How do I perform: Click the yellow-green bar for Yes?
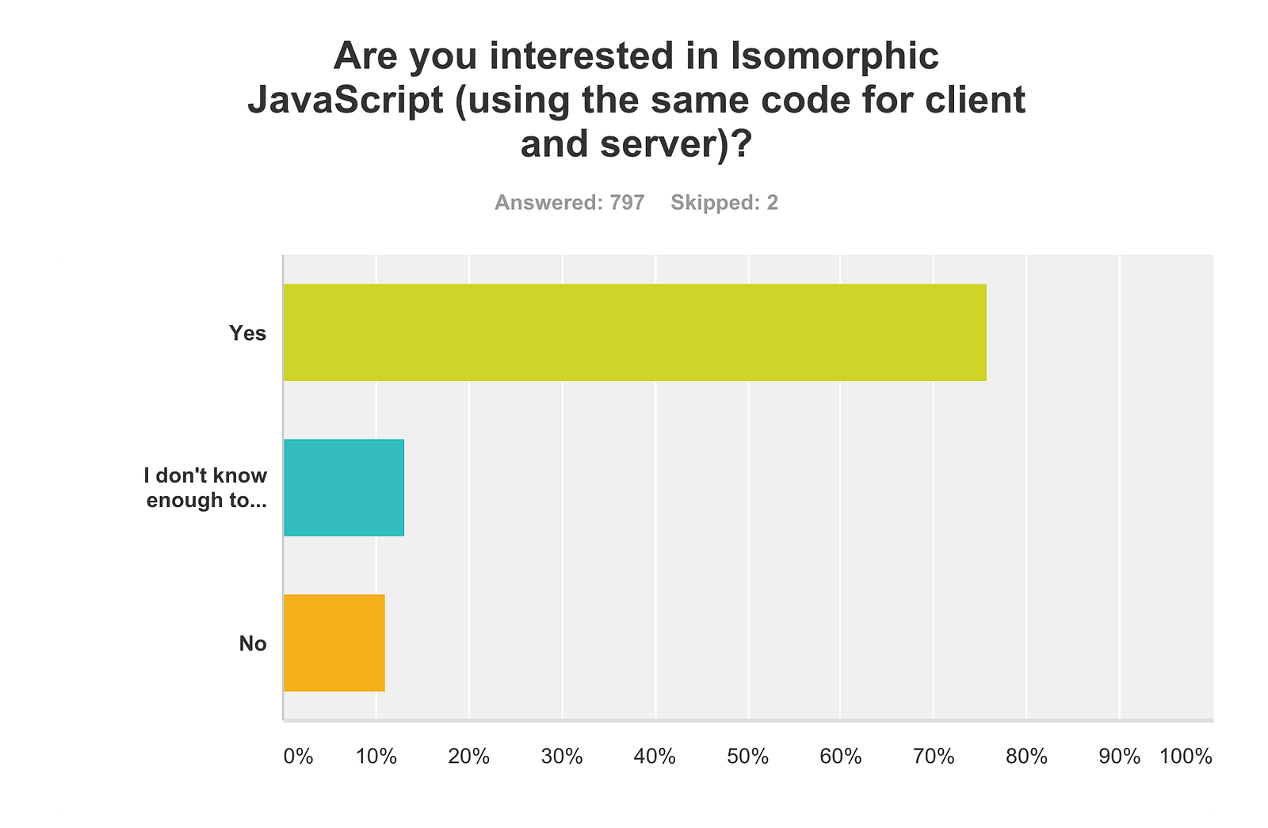(634, 332)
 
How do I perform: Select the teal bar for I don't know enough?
(344, 487)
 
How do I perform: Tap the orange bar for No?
(334, 643)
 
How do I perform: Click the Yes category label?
(248, 333)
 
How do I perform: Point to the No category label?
(253, 643)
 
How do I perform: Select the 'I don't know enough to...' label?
(206, 487)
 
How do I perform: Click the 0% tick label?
(298, 757)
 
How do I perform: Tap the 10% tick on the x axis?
(376, 757)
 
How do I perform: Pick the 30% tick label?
(562, 757)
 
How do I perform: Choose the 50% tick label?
(748, 757)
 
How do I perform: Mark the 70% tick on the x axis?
(934, 757)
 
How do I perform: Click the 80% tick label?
(1026, 757)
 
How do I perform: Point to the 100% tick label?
(1186, 757)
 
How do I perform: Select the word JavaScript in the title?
(345, 100)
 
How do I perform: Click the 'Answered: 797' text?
(569, 203)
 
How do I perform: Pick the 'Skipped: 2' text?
(724, 203)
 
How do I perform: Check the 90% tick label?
(1119, 757)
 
